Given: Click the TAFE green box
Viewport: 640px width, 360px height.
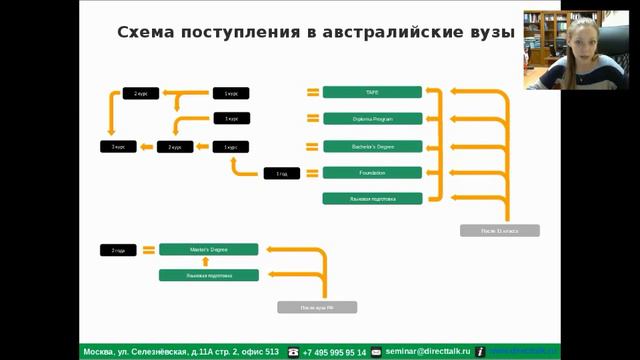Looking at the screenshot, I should (372, 92).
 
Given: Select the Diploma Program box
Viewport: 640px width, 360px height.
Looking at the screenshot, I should (372, 119).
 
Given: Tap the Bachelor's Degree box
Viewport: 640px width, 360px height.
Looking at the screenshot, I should (372, 146).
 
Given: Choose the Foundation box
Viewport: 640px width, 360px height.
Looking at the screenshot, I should (372, 173).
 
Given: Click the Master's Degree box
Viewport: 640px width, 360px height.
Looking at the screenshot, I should (208, 249).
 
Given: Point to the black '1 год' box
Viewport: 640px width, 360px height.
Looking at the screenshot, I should (282, 174).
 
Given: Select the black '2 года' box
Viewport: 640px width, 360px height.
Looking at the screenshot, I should (118, 250).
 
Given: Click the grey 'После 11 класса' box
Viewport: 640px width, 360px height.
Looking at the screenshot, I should (499, 231).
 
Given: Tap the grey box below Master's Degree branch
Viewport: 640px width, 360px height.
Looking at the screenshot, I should (316, 307).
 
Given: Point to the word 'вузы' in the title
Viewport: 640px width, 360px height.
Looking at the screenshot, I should (486, 32).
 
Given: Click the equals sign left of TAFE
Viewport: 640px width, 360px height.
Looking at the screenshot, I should (312, 92).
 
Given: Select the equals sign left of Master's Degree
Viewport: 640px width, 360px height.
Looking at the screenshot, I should (148, 249).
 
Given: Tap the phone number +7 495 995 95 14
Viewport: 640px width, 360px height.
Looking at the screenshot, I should (334, 352).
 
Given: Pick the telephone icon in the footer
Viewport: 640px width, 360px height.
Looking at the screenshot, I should (293, 352).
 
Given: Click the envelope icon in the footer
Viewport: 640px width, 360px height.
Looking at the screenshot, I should (376, 352).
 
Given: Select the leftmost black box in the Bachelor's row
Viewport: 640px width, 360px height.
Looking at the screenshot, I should (118, 147).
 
